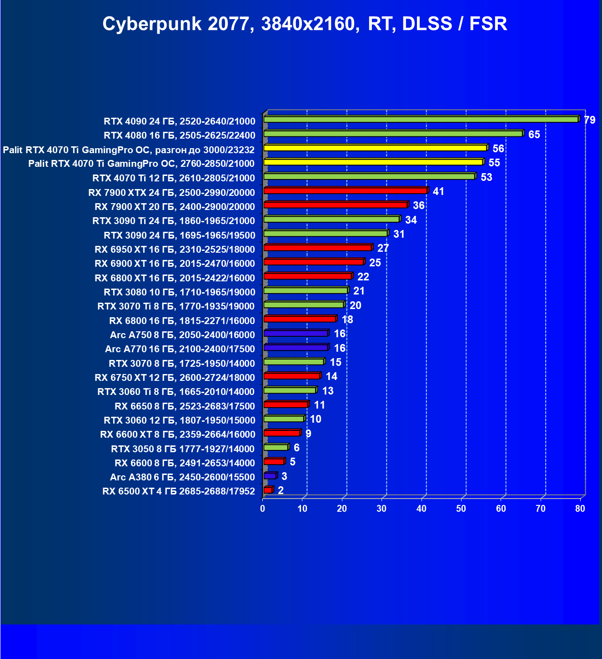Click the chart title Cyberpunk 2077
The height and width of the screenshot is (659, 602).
pos(305,24)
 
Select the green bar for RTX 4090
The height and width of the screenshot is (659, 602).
pos(421,120)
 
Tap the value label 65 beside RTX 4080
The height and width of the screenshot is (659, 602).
pos(534,135)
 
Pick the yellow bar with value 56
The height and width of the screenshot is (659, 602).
pos(375,148)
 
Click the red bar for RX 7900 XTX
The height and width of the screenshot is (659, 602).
pos(346,191)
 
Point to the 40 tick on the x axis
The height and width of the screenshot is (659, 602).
pos(421,509)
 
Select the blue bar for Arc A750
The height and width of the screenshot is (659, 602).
pos(296,334)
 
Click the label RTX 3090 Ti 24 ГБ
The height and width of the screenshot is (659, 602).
pos(174,221)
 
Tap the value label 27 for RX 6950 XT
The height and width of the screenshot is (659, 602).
pos(383,248)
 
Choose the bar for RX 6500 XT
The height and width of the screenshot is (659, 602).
pos(268,490)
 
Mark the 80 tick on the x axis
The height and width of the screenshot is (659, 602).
pos(580,509)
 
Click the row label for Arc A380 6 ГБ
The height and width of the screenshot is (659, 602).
pos(182,477)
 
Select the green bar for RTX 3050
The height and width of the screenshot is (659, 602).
pos(276,448)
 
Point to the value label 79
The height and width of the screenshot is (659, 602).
pos(589,120)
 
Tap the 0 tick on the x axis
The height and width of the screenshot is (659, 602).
pos(263,509)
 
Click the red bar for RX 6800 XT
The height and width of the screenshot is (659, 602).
pos(307,276)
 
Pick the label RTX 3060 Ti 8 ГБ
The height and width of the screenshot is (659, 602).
pos(176,392)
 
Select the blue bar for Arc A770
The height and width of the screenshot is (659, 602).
pos(296,348)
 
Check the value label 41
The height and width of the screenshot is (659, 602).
pos(438,191)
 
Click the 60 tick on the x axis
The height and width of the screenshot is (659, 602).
pos(501,509)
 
